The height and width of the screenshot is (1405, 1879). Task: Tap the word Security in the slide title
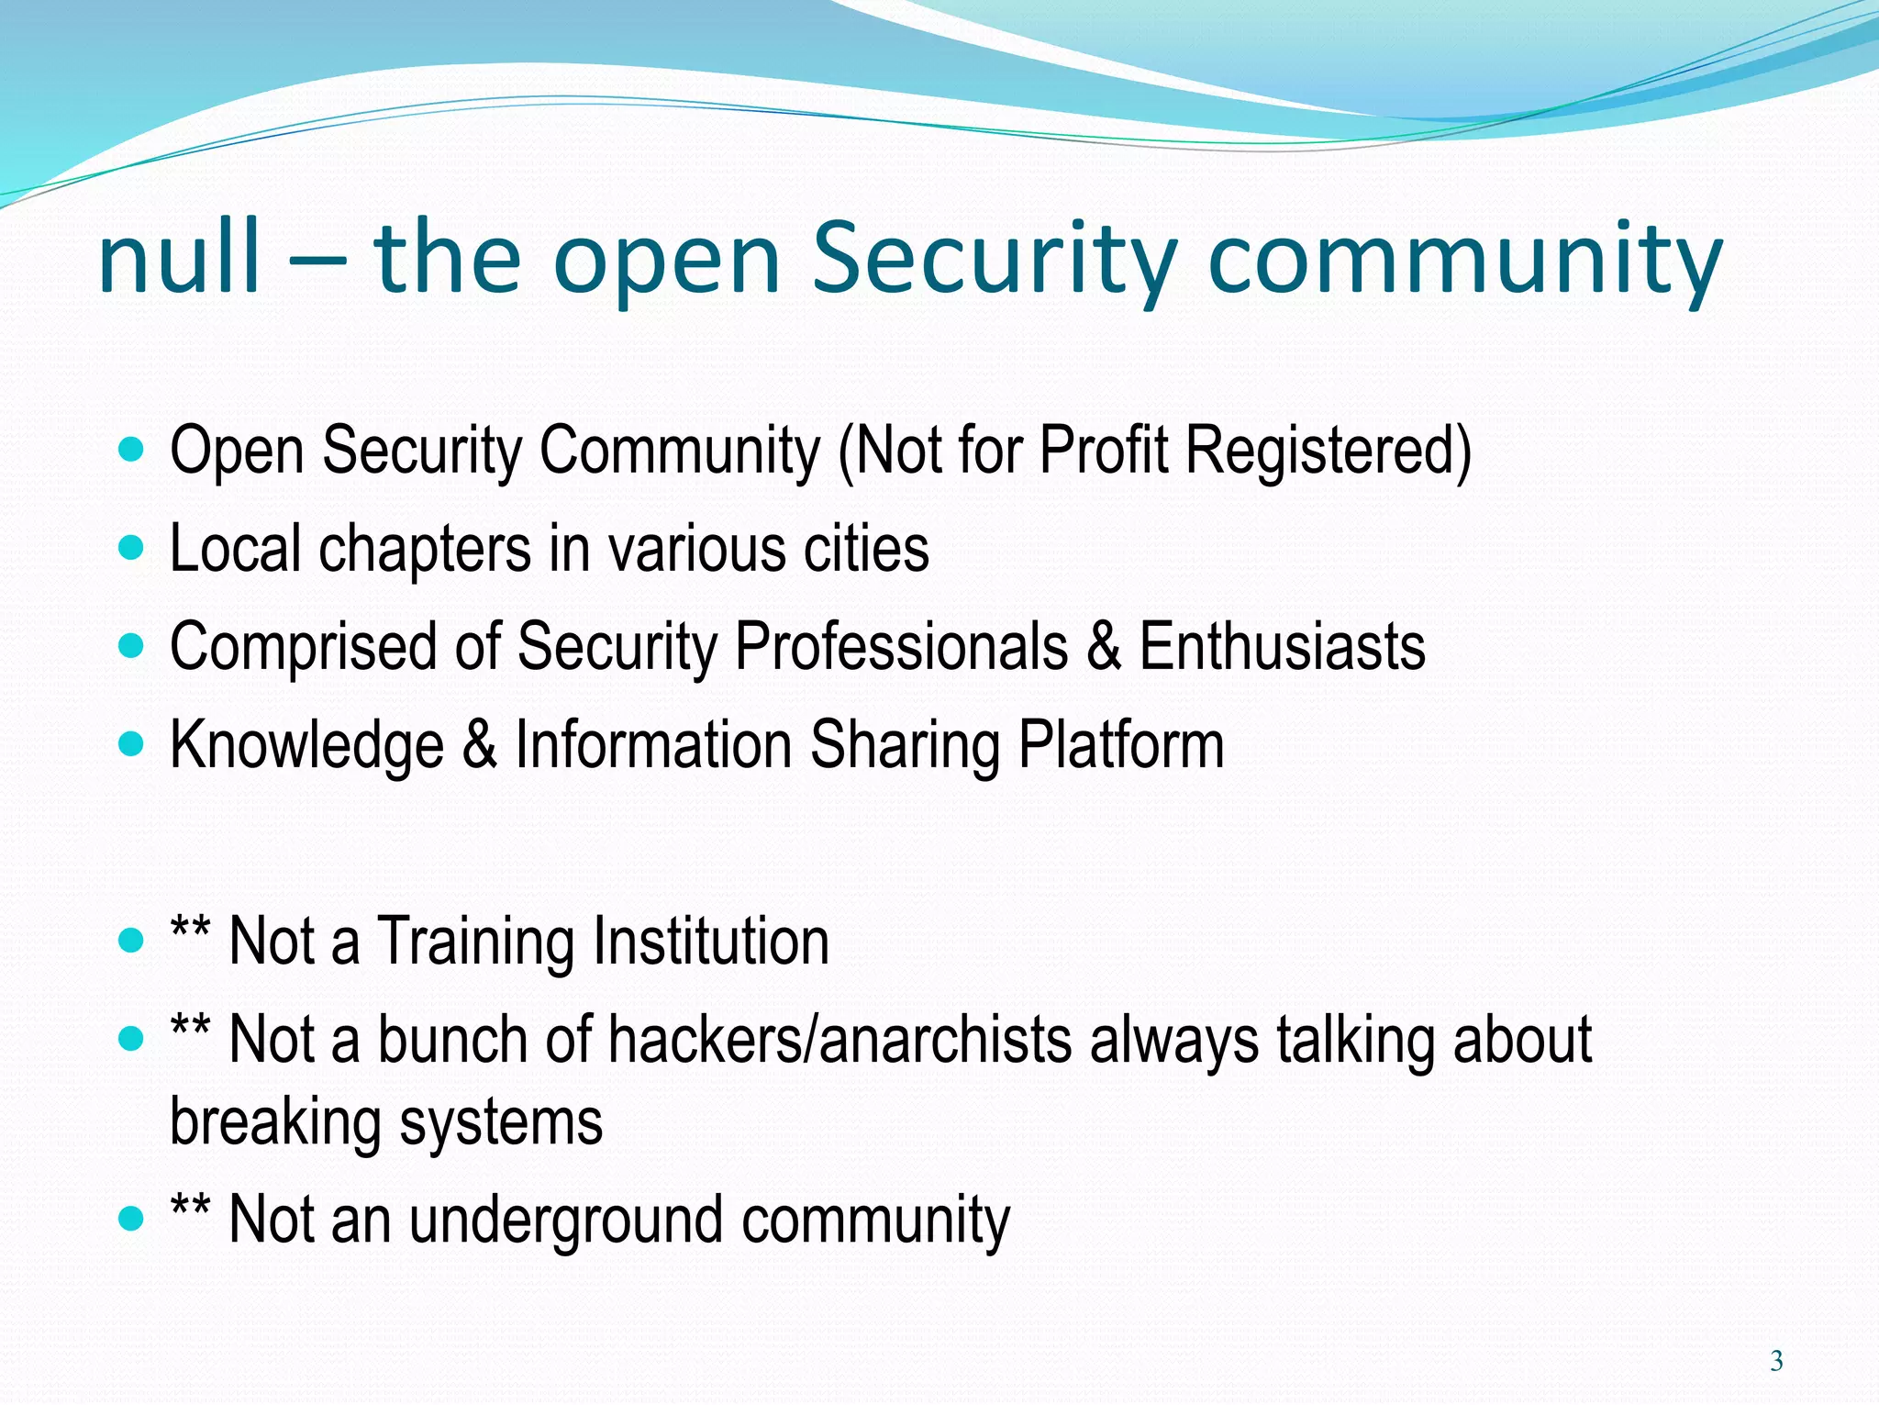995,262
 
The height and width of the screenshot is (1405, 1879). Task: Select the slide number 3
1776,1361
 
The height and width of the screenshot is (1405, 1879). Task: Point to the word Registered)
1329,451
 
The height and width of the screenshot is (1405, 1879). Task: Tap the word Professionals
902,647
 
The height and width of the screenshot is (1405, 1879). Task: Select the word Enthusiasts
1282,647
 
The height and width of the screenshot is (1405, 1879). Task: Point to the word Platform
1121,745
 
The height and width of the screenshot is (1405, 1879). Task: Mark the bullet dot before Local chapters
132,549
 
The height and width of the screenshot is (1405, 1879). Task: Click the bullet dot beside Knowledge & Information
132,744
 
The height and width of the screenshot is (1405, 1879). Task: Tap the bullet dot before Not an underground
132,1220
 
